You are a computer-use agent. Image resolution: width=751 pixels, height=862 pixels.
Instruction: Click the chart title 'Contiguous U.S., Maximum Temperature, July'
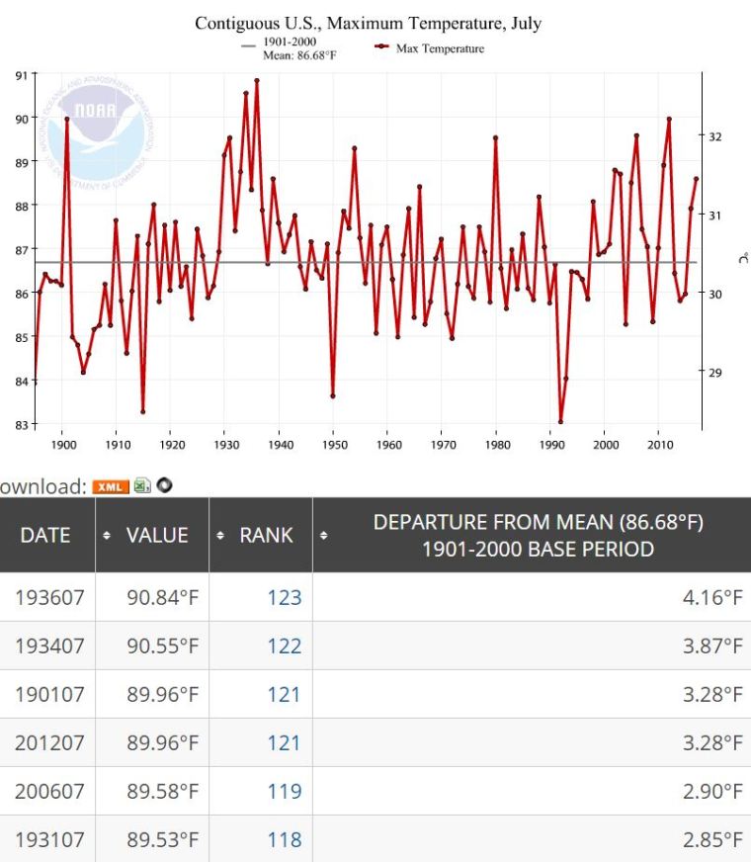[x=368, y=23]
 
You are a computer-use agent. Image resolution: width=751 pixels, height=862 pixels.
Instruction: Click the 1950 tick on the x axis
[x=333, y=445]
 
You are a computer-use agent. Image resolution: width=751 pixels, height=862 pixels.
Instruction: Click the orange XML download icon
[x=111, y=486]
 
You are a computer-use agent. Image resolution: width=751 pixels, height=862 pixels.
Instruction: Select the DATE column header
[x=45, y=535]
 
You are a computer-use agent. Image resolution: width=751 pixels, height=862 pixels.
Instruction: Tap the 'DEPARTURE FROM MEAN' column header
[x=538, y=535]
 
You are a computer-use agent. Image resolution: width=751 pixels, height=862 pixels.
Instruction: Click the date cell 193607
[x=48, y=597]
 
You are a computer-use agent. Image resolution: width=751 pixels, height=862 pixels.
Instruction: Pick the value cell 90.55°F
[x=163, y=646]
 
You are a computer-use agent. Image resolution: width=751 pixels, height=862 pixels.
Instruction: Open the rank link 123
[x=284, y=597]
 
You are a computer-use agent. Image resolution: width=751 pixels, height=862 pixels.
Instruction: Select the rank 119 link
[x=284, y=792]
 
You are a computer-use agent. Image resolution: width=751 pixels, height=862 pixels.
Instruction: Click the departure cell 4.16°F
[x=711, y=597]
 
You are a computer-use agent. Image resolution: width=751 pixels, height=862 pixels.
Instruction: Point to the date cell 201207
[x=48, y=743]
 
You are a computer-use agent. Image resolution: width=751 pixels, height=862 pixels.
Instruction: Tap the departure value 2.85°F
[x=711, y=840]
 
